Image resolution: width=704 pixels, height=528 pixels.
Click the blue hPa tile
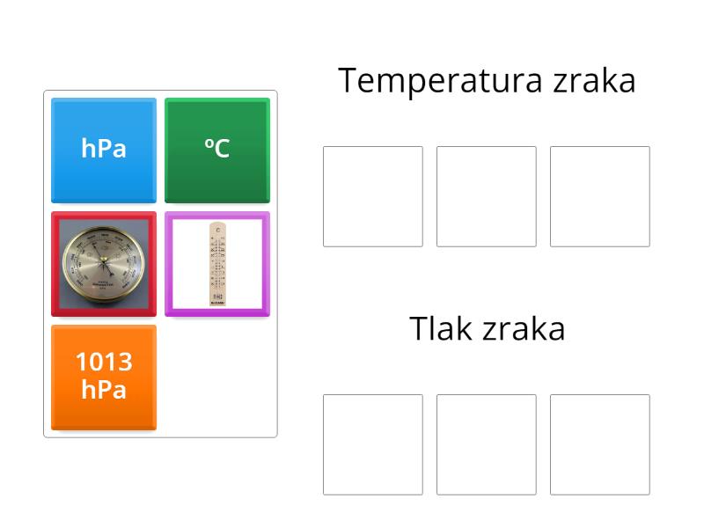tap(104, 150)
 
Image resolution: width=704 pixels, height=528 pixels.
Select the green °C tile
tap(217, 150)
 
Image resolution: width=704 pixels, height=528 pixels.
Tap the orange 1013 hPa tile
tap(104, 377)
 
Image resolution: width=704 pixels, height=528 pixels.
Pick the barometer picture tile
tap(104, 263)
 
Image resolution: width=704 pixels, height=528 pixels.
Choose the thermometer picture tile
tap(217, 263)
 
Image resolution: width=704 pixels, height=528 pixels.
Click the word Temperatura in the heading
tap(441, 81)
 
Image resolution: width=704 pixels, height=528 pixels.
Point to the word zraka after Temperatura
tap(595, 81)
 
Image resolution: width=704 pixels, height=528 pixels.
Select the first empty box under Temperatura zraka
tap(373, 196)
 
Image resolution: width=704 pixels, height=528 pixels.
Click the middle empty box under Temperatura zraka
tap(487, 196)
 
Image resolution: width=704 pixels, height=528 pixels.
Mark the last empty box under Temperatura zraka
tap(600, 196)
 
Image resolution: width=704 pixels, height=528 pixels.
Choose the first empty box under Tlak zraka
tap(373, 444)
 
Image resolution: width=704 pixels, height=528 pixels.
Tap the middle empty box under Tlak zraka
tap(487, 444)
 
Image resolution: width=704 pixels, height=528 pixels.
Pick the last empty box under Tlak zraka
tap(600, 444)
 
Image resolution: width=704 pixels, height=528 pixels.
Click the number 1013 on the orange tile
tap(104, 362)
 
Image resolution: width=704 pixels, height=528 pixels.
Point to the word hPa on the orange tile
tap(104, 389)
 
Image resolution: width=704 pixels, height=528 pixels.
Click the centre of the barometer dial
tap(104, 262)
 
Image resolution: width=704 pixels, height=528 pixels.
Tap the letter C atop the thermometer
tap(217, 230)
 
